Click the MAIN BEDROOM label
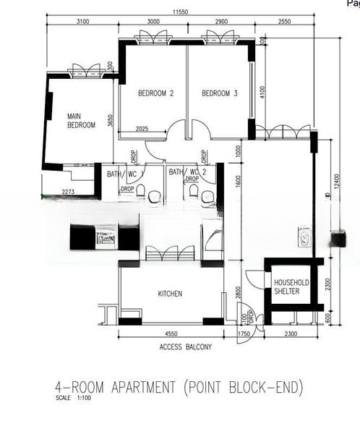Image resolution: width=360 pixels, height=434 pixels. point(81,121)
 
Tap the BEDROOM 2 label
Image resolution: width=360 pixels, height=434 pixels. point(155,93)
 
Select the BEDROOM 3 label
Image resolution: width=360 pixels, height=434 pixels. point(220,93)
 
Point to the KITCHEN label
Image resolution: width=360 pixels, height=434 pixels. point(170,294)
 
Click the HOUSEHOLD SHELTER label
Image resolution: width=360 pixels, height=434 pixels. point(291,286)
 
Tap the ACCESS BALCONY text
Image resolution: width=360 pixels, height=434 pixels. point(185,347)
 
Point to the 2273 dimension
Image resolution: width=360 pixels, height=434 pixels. point(67,192)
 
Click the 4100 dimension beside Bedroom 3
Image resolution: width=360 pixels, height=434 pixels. point(262,93)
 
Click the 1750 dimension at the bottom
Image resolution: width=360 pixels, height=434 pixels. point(244,334)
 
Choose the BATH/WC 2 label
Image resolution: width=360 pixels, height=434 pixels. point(188,173)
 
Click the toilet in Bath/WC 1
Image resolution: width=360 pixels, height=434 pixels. point(142,193)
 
